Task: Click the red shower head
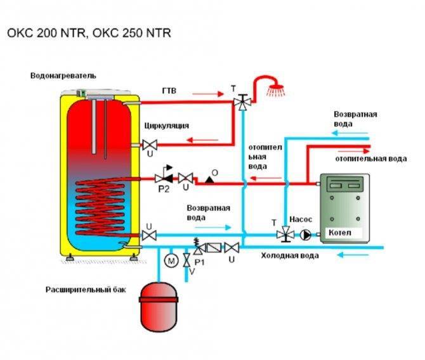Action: pos(275,87)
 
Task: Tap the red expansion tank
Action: pos(159,306)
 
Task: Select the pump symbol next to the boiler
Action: pos(306,235)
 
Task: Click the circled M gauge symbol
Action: pos(171,261)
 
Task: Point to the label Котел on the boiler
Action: pos(339,233)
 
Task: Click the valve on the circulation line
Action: pos(150,145)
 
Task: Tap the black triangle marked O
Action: pos(209,179)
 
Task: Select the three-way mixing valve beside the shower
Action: pos(242,102)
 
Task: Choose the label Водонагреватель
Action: pos(63,75)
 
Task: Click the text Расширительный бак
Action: pos(86,290)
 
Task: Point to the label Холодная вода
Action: pos(290,255)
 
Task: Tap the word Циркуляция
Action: pos(166,125)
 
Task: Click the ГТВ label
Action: pos(169,91)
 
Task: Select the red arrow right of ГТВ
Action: pos(208,94)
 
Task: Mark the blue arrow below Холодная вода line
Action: pos(352,255)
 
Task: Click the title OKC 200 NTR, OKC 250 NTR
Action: pos(89,33)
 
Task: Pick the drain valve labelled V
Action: pos(186,260)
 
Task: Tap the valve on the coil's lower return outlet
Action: pos(149,235)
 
